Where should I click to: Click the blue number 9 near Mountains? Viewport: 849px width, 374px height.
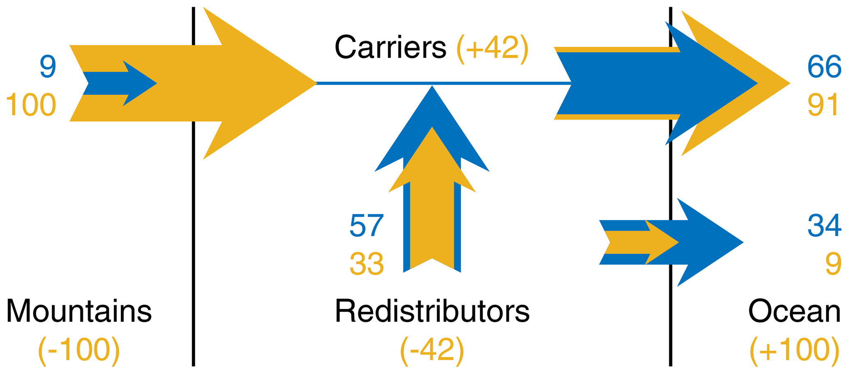click(48, 67)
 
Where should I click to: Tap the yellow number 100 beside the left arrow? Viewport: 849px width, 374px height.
click(31, 105)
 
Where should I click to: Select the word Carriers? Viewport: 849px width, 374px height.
click(390, 47)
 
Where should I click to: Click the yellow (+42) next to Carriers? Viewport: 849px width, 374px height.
click(492, 48)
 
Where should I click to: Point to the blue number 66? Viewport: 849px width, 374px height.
click(824, 67)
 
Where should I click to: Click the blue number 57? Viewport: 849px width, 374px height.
click(366, 225)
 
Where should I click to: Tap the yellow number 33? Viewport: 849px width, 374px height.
click(366, 264)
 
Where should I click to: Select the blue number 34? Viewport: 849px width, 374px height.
click(824, 225)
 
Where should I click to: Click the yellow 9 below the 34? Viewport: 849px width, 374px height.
click(833, 264)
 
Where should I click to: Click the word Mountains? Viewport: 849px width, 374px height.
click(79, 311)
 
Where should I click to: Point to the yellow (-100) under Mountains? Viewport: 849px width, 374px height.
click(79, 350)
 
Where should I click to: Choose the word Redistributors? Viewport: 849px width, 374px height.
click(432, 311)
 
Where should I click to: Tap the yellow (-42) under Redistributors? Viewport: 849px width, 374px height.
click(432, 350)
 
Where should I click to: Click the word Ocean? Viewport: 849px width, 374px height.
click(794, 311)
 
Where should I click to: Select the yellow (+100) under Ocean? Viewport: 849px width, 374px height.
click(794, 350)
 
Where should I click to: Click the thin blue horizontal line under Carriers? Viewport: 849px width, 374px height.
click(444, 83)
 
